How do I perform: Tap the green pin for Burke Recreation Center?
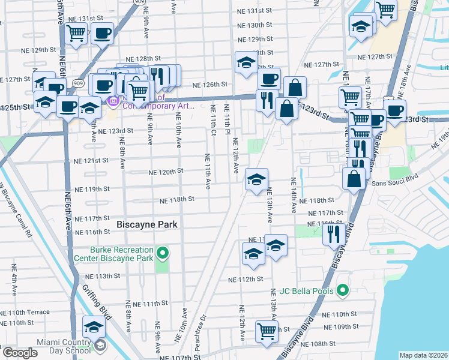161,253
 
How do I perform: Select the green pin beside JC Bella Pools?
342,291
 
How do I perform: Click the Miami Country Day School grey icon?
100,346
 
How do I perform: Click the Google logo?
20,353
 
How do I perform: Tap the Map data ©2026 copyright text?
423,355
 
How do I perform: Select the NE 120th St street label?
166,172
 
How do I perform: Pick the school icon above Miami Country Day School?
94,328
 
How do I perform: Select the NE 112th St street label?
246,279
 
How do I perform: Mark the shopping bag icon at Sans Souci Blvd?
354,179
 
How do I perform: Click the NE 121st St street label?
91,161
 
